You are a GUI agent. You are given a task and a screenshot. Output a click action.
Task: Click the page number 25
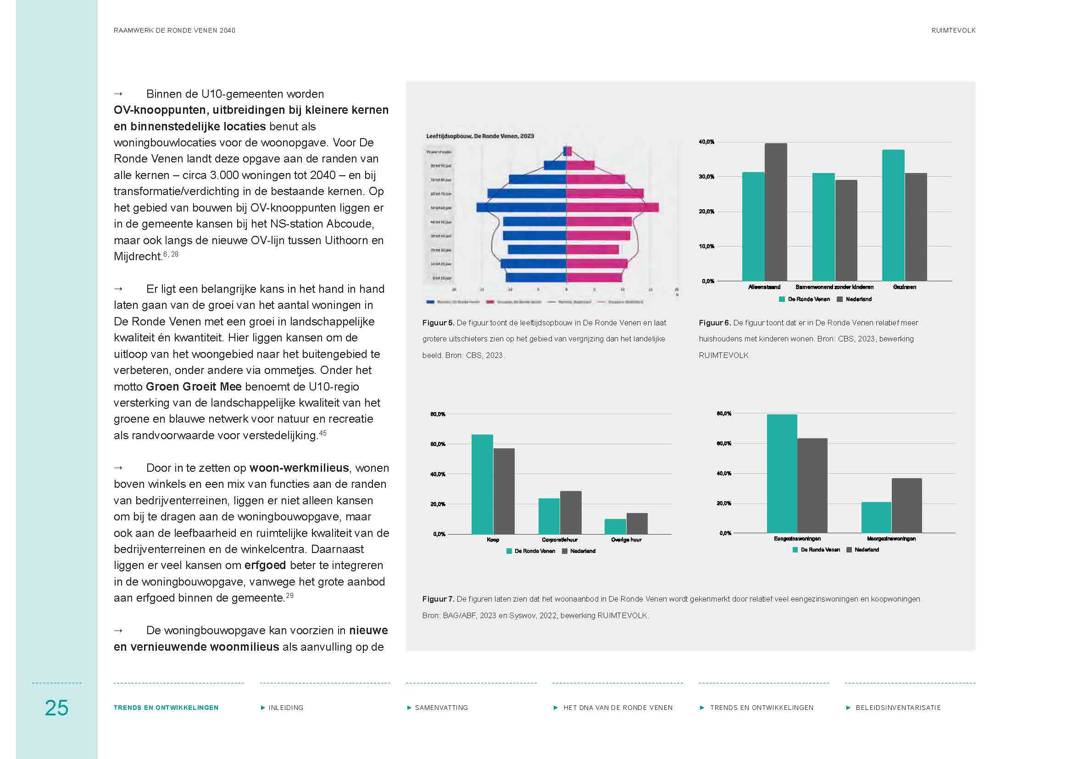56,708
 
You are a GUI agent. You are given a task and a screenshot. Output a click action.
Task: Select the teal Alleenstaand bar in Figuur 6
753,227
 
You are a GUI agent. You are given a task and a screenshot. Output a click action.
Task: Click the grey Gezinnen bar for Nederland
916,227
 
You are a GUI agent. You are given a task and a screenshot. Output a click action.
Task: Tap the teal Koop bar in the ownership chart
482,484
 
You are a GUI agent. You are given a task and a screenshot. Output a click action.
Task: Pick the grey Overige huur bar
637,524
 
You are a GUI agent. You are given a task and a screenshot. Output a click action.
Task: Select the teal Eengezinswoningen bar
781,474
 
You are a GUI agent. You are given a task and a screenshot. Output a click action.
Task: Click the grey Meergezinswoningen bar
906,505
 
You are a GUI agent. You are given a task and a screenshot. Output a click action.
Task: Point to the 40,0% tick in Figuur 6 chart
706,142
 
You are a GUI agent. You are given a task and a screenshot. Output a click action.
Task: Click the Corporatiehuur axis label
559,540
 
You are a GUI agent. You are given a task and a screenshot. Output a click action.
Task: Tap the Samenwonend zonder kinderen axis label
834,287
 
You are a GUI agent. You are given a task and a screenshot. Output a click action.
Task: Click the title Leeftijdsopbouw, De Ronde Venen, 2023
479,136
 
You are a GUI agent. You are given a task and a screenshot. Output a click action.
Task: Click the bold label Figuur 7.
438,599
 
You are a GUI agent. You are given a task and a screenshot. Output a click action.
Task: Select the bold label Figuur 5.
438,323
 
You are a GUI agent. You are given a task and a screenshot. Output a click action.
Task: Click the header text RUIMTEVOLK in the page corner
953,30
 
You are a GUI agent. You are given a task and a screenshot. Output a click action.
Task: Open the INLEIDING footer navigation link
285,708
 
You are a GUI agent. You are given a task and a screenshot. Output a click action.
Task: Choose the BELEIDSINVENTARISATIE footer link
898,708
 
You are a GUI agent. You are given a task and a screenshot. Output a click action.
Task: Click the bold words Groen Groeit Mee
194,386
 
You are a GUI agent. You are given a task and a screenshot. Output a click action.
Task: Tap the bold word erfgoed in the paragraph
265,565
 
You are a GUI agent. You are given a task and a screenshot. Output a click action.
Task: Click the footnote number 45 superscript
322,433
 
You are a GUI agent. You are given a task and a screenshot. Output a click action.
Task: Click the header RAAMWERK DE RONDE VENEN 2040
174,30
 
